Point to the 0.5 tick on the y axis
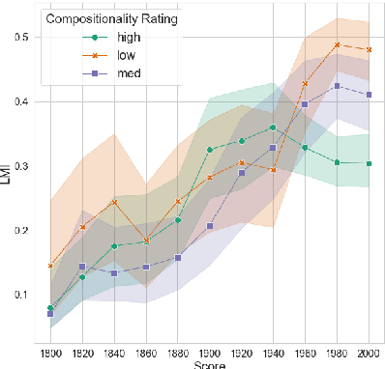(x=20, y=38)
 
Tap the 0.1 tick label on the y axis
(x=20, y=295)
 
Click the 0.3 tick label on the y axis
(x=20, y=166)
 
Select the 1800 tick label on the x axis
(x=50, y=352)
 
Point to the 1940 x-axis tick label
(x=273, y=352)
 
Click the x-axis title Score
(x=209, y=365)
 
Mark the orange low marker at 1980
(x=337, y=44)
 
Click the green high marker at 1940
(x=273, y=128)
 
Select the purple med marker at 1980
(x=337, y=86)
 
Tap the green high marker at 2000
(x=369, y=163)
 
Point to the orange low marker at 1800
(x=50, y=266)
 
